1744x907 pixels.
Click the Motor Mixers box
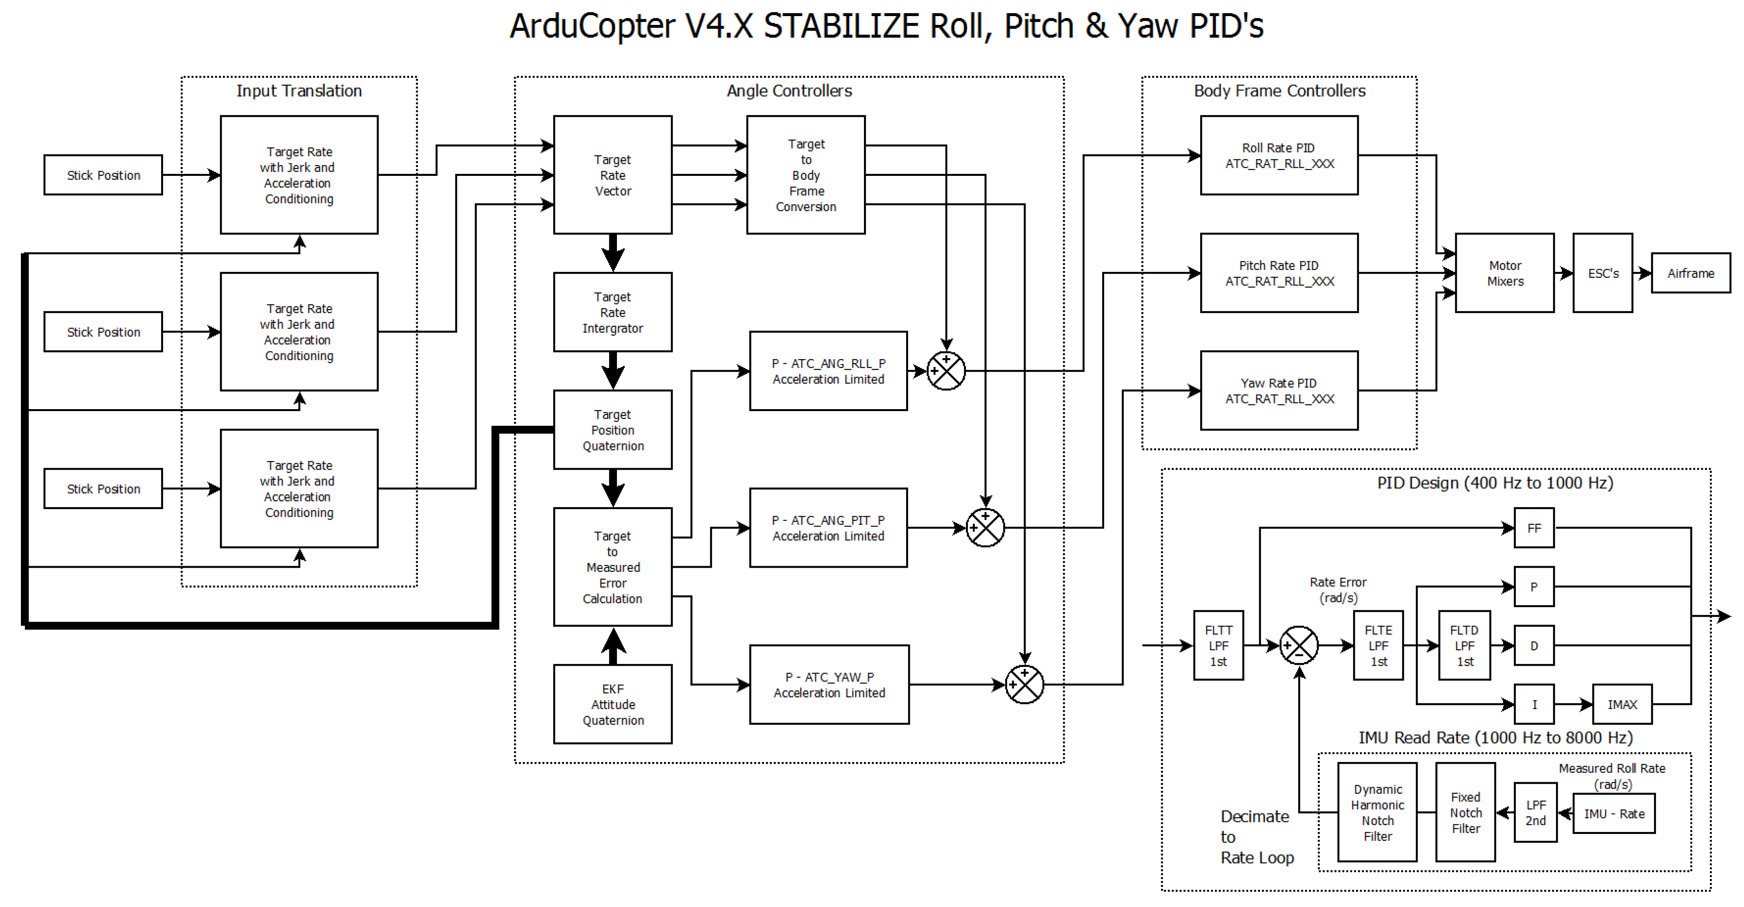pyautogui.click(x=1504, y=273)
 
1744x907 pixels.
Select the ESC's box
pyautogui.click(x=1603, y=273)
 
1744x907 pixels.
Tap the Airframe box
pyautogui.click(x=1691, y=273)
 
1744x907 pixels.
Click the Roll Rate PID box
pyautogui.click(x=1279, y=156)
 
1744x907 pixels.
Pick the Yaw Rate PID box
pyautogui.click(x=1279, y=391)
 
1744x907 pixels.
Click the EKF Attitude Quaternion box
pyautogui.click(x=613, y=704)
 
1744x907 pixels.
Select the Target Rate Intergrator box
pyautogui.click(x=613, y=312)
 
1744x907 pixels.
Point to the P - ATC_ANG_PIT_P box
pyautogui.click(x=828, y=528)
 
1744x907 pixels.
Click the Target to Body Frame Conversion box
pyautogui.click(x=806, y=175)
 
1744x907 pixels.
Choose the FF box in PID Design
pyautogui.click(x=1534, y=528)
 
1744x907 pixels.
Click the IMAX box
pyautogui.click(x=1622, y=705)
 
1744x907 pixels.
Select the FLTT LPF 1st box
pyautogui.click(x=1218, y=646)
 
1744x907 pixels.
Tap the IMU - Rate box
pyautogui.click(x=1613, y=813)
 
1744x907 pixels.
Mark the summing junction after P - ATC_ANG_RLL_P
pyautogui.click(x=946, y=371)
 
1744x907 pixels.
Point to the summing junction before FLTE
pyautogui.click(x=1299, y=646)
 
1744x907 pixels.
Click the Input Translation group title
pyautogui.click(x=298, y=91)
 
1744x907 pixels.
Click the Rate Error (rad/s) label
pyautogui.click(x=1338, y=589)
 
